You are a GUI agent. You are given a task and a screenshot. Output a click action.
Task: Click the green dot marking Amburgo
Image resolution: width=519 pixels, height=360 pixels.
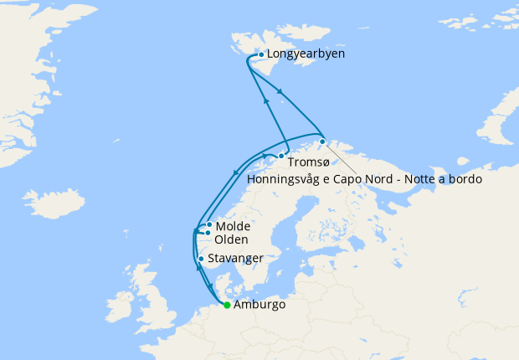point(227,305)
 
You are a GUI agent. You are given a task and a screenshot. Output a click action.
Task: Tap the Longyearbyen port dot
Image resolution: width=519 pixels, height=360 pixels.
point(261,55)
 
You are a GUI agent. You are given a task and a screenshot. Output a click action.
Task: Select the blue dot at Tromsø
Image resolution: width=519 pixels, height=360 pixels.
point(282,156)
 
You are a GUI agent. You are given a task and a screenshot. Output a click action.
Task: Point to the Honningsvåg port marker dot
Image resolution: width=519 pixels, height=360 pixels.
point(322,141)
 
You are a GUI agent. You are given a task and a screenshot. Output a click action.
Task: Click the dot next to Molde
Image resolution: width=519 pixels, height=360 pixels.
point(209,225)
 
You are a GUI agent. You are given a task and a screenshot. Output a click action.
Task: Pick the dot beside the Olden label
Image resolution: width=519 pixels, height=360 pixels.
point(208,233)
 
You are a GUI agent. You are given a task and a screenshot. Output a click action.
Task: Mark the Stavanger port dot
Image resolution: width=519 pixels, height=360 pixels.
point(201,259)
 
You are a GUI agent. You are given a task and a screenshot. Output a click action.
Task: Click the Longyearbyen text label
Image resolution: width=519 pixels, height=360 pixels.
point(306,54)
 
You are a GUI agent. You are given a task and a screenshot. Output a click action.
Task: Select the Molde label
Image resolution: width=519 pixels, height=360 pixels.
point(234,226)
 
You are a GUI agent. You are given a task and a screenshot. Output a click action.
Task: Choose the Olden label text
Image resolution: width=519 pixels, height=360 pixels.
point(231,239)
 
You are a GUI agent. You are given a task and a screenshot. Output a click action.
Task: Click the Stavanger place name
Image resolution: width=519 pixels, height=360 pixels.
point(236,258)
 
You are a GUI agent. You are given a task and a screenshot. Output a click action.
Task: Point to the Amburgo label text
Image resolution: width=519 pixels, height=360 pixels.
point(260,305)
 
